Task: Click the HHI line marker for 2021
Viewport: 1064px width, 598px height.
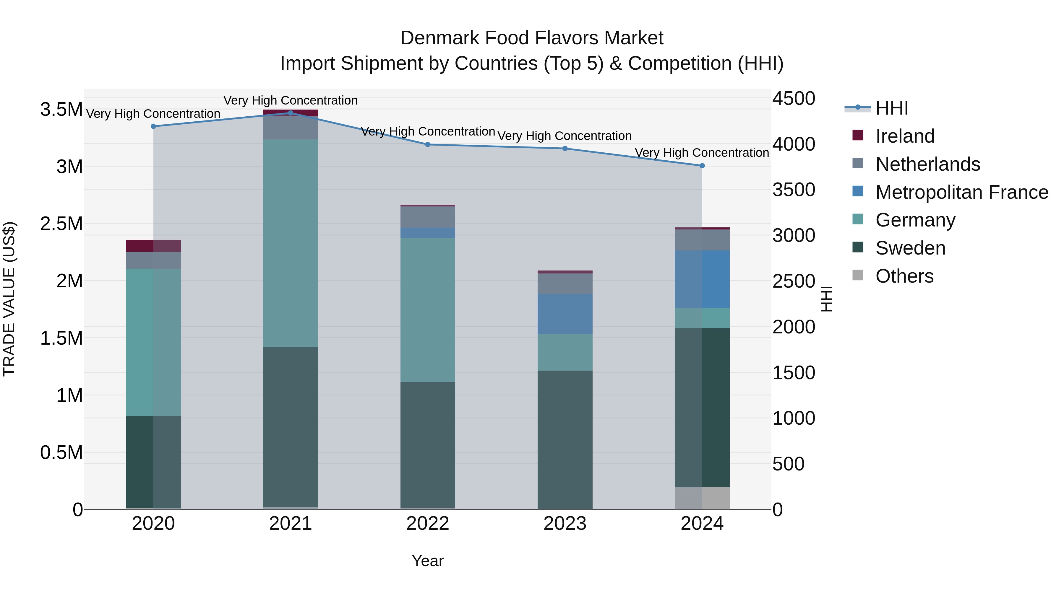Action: (290, 113)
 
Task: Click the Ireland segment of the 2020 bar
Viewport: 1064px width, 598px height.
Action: (153, 246)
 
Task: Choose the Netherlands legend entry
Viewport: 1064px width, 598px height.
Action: (927, 164)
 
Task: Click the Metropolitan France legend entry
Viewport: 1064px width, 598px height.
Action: (961, 192)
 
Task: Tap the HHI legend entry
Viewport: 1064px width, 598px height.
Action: (891, 108)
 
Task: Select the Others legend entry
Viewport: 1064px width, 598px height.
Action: (904, 276)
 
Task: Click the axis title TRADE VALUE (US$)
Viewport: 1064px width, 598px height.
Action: (9, 299)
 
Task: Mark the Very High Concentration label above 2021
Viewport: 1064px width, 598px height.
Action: (290, 100)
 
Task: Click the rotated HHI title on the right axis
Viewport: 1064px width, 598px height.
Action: (826, 299)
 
